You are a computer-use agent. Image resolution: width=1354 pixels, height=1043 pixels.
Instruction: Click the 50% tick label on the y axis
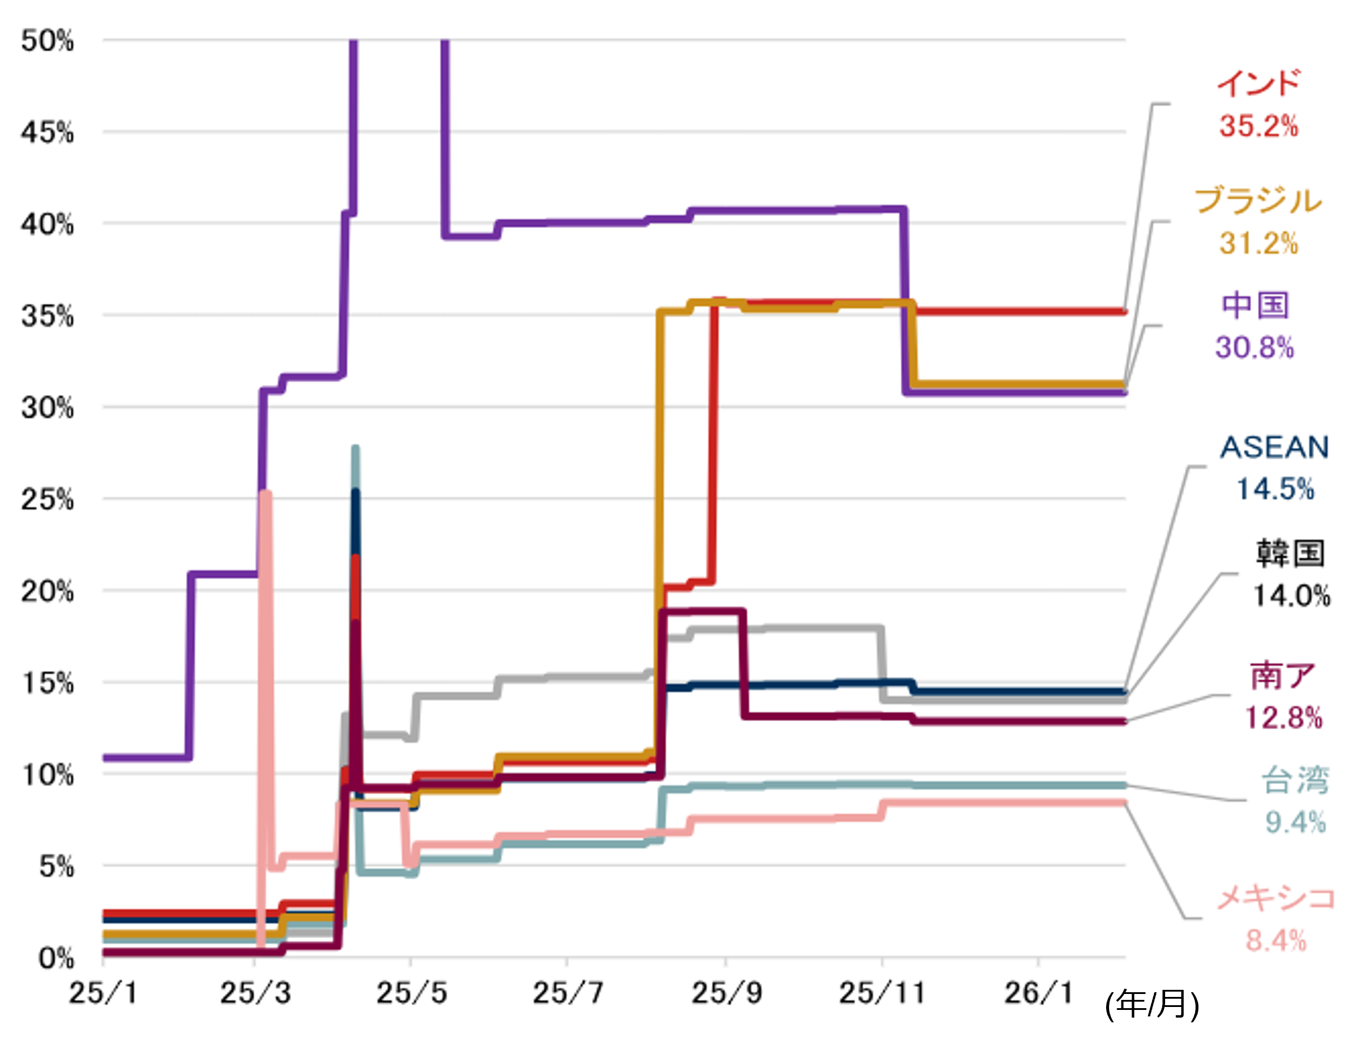pos(47,41)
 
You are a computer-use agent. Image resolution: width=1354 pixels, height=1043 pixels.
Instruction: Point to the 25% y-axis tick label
pos(47,500)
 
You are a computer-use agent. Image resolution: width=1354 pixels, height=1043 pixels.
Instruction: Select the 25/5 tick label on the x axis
pos(411,993)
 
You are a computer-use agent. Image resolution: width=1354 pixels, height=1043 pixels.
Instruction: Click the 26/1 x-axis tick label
pos(1038,993)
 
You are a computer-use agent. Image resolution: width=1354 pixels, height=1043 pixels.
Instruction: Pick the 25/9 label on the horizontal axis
pos(726,993)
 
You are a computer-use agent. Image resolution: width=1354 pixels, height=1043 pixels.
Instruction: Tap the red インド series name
pos(1258,84)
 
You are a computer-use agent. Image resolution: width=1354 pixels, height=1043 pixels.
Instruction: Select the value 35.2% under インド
pos(1258,126)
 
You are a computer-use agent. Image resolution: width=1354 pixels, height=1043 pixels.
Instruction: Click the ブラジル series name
pos(1258,200)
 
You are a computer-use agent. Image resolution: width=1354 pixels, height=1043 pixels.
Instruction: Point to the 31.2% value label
pos(1258,243)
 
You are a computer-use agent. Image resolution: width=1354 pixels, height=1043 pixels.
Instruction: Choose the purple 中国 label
pos(1255,305)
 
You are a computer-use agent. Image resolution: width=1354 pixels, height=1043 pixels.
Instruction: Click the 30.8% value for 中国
pos(1255,347)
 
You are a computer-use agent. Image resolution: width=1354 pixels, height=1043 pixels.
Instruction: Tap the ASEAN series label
pos(1275,447)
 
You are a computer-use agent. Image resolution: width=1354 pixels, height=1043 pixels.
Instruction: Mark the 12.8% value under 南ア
pos(1283,718)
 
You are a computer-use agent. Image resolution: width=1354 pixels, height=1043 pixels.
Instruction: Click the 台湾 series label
pos(1295,781)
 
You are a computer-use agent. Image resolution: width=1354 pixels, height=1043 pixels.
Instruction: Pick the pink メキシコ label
pos(1276,898)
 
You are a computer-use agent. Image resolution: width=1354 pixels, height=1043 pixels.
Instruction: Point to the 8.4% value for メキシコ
pos(1276,941)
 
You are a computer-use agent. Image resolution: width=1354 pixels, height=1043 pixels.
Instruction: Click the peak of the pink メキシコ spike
pos(266,493)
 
